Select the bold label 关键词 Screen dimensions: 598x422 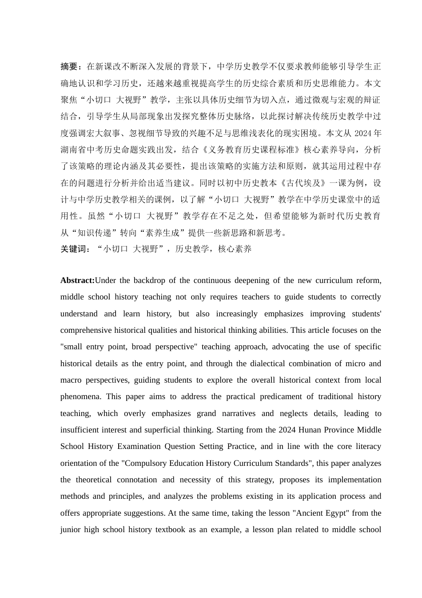(x=73, y=249)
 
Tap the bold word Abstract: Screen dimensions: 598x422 (x=77, y=280)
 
